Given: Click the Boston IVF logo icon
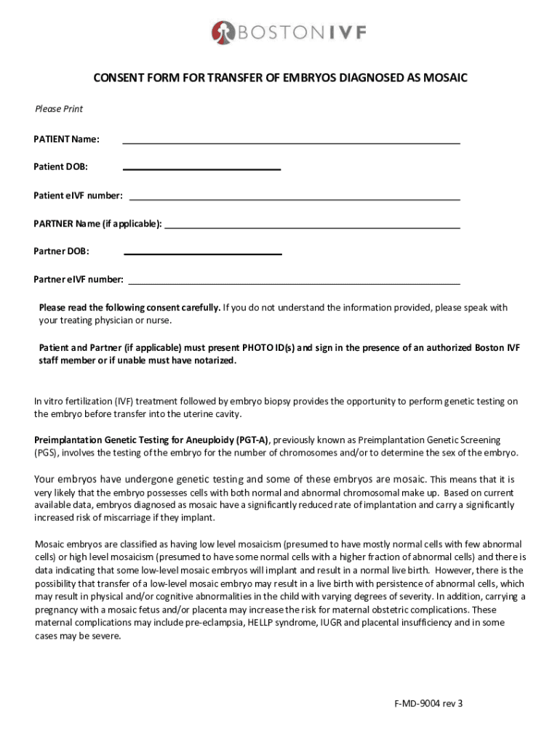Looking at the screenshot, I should click(222, 32).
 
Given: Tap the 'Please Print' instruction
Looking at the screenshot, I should click(59, 109).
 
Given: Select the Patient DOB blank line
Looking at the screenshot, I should click(202, 169).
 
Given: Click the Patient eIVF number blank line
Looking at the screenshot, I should click(294, 198).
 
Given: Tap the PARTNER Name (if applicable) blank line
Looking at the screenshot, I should click(313, 227).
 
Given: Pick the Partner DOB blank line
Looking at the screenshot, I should click(204, 254).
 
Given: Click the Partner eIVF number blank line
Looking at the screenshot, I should click(294, 282).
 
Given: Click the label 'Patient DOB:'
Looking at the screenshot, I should click(61, 167).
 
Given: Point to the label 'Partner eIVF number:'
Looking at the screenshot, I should click(79, 279).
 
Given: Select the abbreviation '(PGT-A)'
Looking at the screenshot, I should click(250, 440).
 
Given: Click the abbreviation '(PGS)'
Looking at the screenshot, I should click(46, 453).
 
